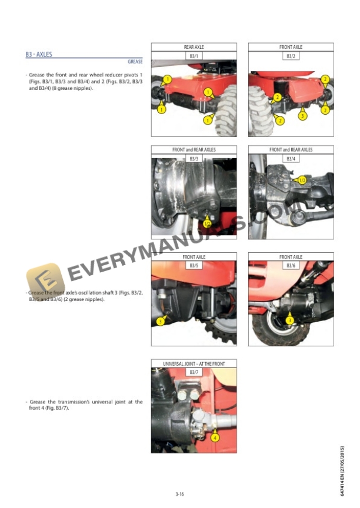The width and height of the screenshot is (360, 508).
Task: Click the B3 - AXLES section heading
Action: [x=39, y=55]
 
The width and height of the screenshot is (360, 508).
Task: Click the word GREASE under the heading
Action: [x=135, y=62]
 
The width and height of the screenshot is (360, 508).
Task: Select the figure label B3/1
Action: [x=194, y=56]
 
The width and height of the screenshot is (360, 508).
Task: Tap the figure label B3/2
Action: [x=291, y=56]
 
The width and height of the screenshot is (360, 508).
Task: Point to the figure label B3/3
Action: [x=194, y=159]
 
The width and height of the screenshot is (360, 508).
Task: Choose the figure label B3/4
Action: [x=291, y=159]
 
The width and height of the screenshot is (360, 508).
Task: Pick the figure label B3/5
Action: [x=194, y=266]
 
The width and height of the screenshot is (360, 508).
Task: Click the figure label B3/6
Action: [x=291, y=266]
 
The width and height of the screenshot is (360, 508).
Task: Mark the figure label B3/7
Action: [x=194, y=373]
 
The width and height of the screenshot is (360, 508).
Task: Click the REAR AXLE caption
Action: [x=194, y=47]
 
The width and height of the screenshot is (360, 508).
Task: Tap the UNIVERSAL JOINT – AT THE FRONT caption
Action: [x=194, y=364]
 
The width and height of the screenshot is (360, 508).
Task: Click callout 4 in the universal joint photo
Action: [x=215, y=438]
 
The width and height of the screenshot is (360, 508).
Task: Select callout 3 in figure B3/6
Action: [x=289, y=320]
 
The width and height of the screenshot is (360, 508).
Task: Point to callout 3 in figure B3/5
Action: [x=160, y=321]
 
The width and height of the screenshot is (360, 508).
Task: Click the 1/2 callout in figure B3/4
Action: [x=302, y=180]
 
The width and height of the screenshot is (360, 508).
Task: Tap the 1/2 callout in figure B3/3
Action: [x=208, y=223]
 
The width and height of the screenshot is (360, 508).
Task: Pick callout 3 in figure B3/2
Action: [x=302, y=116]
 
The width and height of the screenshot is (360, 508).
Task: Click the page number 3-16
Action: [x=179, y=494]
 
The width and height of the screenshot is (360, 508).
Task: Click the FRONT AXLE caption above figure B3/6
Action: [x=291, y=257]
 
